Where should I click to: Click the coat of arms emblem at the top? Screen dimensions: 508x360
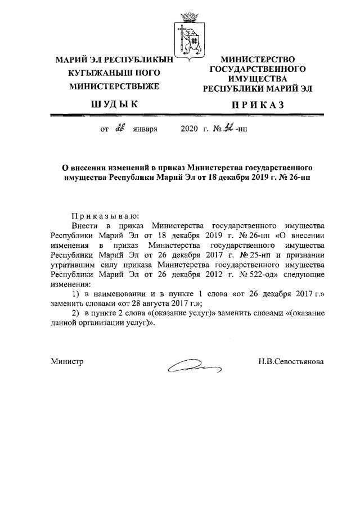pyautogui.click(x=186, y=32)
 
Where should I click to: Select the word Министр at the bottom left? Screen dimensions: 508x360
pyautogui.click(x=67, y=362)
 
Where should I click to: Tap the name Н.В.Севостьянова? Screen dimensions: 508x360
pyautogui.click(x=287, y=362)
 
